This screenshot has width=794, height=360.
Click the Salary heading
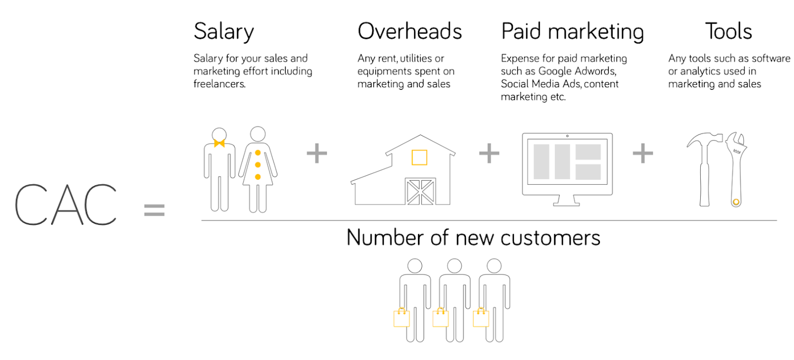pyautogui.click(x=223, y=32)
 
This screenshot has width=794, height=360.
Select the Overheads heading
pyautogui.click(x=410, y=31)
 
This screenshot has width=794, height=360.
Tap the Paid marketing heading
pyautogui.click(x=572, y=32)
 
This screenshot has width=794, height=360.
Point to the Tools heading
pyautogui.click(x=728, y=31)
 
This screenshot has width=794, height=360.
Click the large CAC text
pyautogui.click(x=66, y=205)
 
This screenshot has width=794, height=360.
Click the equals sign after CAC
pyautogui.click(x=154, y=210)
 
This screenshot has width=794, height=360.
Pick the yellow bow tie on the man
pyautogui.click(x=219, y=144)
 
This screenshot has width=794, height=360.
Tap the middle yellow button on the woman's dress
pyautogui.click(x=257, y=164)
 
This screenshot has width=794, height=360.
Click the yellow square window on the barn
pyautogui.click(x=419, y=157)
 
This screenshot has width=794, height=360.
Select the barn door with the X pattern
pyautogui.click(x=421, y=191)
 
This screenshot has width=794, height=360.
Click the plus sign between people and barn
pyautogui.click(x=316, y=154)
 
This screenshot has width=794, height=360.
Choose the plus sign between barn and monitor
pyautogui.click(x=489, y=154)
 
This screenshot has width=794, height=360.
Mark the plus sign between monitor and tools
pyautogui.click(x=642, y=154)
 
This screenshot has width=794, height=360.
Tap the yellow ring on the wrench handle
pyautogui.click(x=736, y=202)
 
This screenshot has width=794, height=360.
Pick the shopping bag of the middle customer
pyautogui.click(x=441, y=318)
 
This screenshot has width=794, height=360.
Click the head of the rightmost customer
pyautogui.click(x=495, y=266)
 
